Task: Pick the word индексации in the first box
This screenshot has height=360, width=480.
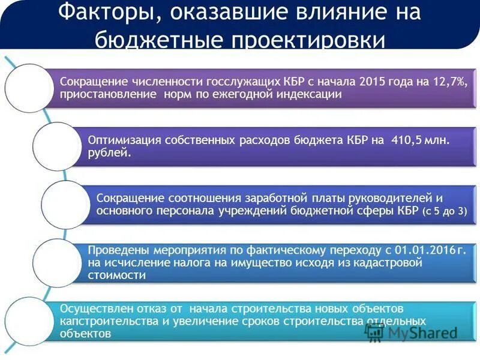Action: tap(310, 94)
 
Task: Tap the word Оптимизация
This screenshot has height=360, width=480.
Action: tap(123, 140)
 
